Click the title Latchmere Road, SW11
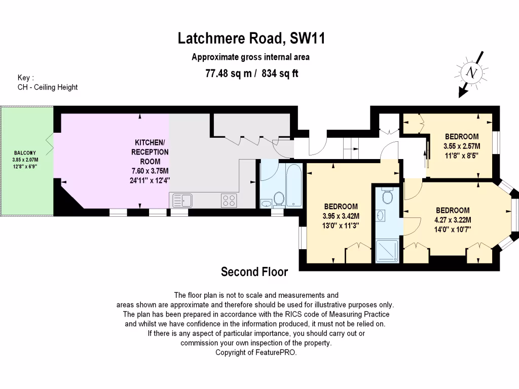[251, 38]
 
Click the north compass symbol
[472, 73]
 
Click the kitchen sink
[181, 201]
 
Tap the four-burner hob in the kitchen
[229, 201]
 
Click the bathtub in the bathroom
[293, 185]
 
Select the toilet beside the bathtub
[279, 199]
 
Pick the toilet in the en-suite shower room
[388, 195]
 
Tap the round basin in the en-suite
[381, 215]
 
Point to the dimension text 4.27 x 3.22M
[453, 220]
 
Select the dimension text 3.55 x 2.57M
[461, 146]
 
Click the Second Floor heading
[254, 273]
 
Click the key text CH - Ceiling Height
[48, 87]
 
